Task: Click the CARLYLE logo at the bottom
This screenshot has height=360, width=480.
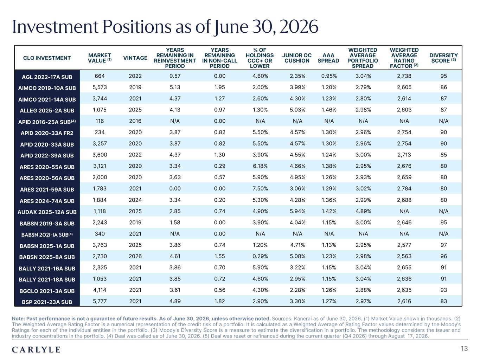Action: [x=36, y=349]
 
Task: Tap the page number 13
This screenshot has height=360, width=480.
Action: [x=464, y=348]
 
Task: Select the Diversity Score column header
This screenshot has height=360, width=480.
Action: [x=443, y=58]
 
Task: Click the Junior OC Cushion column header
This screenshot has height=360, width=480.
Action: [x=297, y=58]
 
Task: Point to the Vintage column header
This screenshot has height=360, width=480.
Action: [x=135, y=58]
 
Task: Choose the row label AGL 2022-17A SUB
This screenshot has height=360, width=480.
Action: [x=47, y=77]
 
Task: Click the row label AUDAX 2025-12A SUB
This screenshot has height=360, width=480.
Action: [x=47, y=212]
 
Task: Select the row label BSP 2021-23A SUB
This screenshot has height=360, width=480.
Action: [x=47, y=302]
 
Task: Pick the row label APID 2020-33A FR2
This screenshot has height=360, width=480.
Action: [x=47, y=133]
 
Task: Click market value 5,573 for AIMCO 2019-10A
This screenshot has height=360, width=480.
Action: [x=100, y=87]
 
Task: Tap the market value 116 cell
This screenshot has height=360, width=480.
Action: [x=100, y=121]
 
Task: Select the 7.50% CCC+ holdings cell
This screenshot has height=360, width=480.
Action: [x=260, y=188]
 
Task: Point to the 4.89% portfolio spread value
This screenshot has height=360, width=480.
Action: [x=363, y=211]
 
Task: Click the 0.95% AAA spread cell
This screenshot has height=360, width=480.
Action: [x=329, y=76]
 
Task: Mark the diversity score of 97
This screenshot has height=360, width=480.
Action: [x=443, y=245]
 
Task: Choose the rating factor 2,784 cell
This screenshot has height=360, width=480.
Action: [x=404, y=188]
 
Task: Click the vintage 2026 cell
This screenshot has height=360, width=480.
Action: [x=135, y=256]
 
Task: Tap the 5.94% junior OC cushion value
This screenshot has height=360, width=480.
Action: [x=297, y=211]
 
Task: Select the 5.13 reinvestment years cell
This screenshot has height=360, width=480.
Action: [x=175, y=87]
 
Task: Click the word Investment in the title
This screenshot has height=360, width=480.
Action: [x=55, y=27]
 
